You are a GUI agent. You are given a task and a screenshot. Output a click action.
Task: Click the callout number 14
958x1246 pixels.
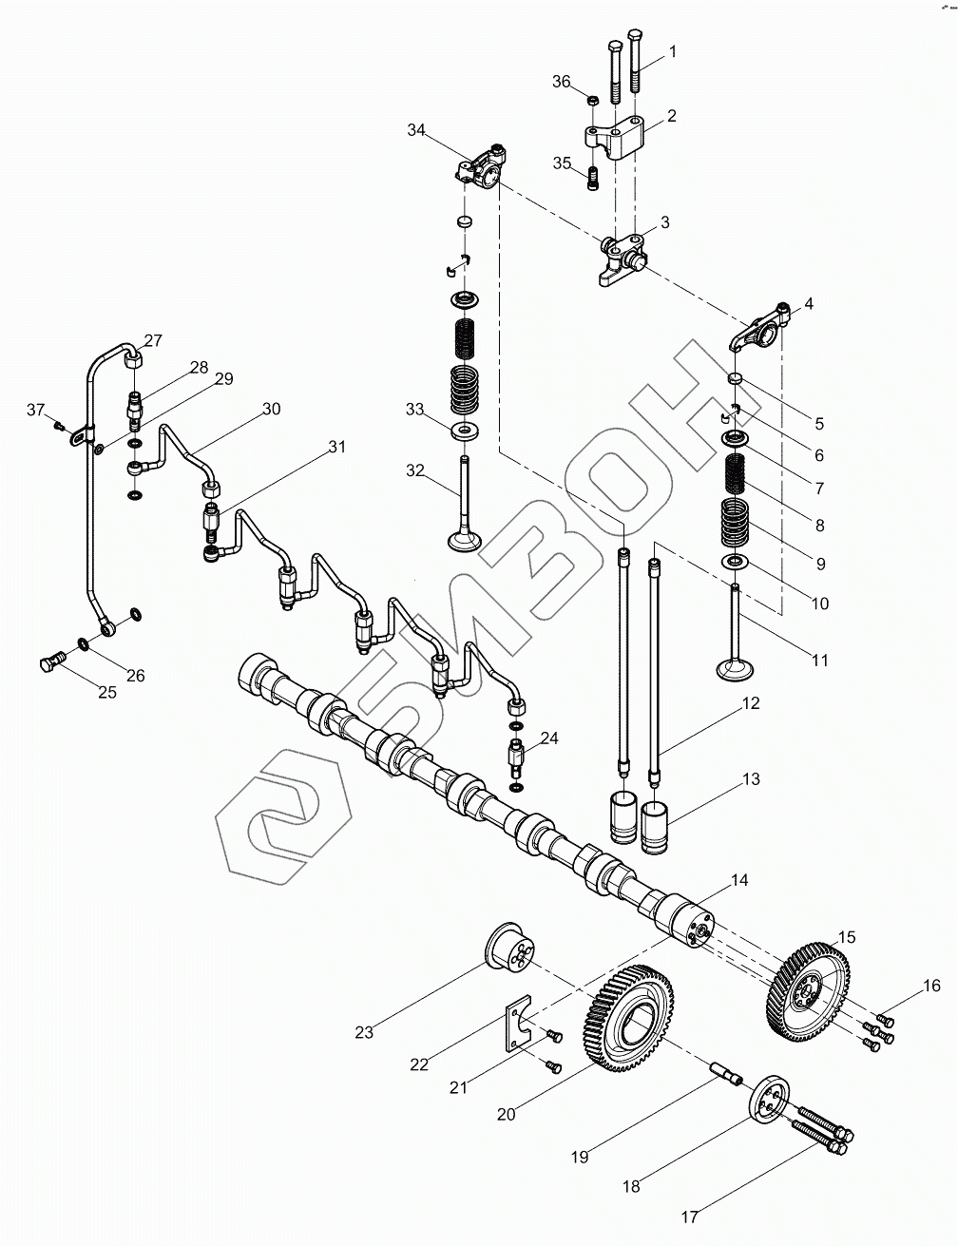point(738,881)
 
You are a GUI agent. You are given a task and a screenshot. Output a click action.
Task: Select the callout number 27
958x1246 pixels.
point(153,341)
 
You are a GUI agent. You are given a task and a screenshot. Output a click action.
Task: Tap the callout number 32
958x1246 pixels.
point(415,470)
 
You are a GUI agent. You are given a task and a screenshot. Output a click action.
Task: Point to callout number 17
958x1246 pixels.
point(690,1216)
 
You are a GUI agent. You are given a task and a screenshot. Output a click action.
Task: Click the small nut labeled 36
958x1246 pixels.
point(591,100)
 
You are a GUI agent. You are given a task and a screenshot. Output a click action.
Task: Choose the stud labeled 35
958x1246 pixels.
point(594,177)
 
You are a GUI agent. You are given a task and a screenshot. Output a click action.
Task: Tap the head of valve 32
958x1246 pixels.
point(465,540)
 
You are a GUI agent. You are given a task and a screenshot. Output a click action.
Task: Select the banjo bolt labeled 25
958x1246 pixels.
point(51,662)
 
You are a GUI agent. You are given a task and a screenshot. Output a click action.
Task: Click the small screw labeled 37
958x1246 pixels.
point(59,425)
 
